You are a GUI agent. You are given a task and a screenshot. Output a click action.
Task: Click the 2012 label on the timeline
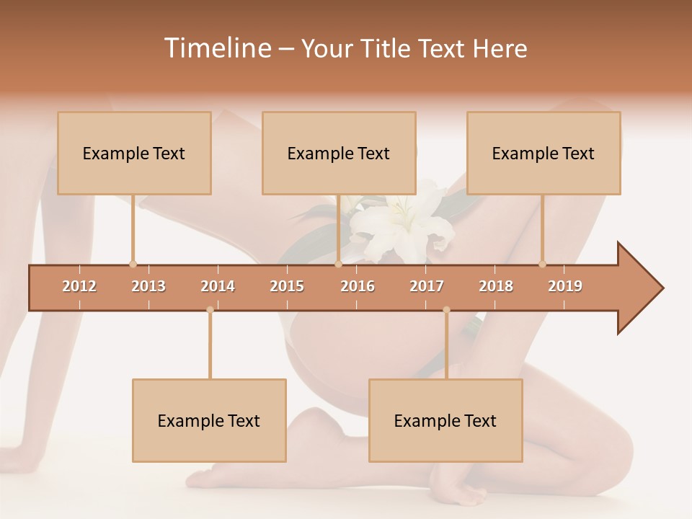coord(79,286)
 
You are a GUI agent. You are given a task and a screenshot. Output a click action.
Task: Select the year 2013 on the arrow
coord(148,286)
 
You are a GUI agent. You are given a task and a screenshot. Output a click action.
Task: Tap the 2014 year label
coord(218,286)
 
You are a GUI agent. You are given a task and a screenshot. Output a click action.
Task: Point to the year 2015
coord(287,286)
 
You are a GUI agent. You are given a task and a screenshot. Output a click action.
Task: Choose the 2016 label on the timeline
coord(358,286)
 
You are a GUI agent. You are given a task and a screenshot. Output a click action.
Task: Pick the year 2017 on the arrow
coord(427,286)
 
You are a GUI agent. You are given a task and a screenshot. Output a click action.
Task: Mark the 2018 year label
coord(496,286)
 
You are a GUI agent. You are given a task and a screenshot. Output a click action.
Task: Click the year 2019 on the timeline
coord(565,286)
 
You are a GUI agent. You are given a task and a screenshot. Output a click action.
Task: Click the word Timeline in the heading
coord(216,48)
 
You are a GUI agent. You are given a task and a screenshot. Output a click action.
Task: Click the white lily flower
coord(404,223)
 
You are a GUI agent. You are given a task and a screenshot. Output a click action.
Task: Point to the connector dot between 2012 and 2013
coord(133,264)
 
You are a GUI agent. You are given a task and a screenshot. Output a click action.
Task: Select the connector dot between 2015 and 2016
coord(338,264)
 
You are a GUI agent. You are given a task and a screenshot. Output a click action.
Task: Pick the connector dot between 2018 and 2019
coord(542,264)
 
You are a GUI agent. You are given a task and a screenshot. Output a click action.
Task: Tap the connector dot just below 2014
coord(210,310)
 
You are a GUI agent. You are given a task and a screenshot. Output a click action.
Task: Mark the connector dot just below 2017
coord(446,310)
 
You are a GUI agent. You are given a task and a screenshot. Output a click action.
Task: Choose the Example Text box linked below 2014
coord(209,420)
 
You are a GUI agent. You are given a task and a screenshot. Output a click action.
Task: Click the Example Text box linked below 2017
coord(445,420)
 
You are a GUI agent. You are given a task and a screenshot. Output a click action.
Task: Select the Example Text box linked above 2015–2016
coord(339,153)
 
